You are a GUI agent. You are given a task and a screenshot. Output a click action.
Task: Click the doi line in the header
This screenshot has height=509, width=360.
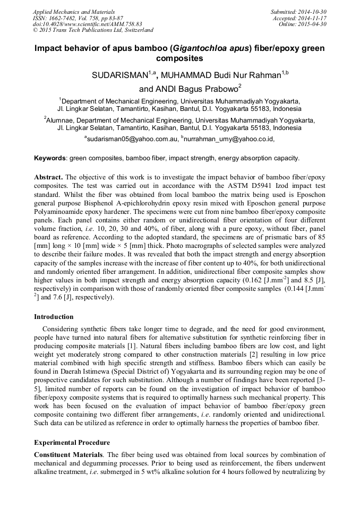coord(88,24)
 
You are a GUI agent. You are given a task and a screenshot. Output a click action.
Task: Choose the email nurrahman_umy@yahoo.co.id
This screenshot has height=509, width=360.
coord(228,139)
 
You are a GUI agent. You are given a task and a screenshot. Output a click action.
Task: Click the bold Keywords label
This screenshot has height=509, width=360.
coord(50,158)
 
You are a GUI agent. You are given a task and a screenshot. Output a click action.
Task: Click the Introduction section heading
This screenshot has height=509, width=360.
coord(54,317)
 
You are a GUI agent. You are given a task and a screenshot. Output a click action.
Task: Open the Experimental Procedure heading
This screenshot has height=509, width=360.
coord(72,442)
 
